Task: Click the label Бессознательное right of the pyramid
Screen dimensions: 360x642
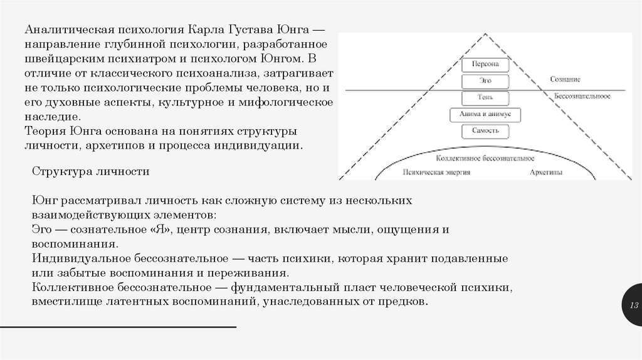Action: click(582, 98)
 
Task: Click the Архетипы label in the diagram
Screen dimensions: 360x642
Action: click(545, 172)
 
